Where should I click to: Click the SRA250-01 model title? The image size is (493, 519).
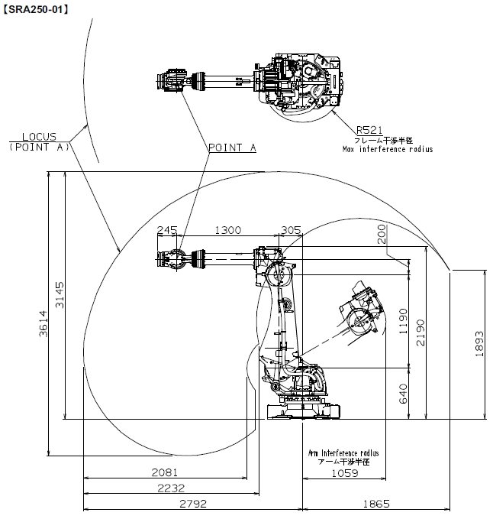coord(35,9)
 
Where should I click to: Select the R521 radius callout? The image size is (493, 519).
coord(369,130)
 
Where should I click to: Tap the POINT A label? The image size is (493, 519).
coord(232,148)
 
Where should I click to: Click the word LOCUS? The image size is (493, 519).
coord(39,136)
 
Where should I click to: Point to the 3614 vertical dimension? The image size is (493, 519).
coord(43,324)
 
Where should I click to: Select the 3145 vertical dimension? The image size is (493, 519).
coord(60,295)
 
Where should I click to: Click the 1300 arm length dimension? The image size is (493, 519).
coord(228,230)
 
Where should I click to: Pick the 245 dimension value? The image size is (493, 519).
coord(167,230)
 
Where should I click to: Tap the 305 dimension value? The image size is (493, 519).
coord(291,230)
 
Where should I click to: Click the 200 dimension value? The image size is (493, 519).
coord(382,235)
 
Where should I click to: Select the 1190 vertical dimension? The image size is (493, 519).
coord(404,321)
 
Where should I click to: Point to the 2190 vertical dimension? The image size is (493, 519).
coord(420,332)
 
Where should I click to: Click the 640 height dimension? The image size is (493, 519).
coord(404,394)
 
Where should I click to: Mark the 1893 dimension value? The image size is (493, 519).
coord(479,344)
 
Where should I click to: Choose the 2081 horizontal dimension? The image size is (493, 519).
coord(165,472)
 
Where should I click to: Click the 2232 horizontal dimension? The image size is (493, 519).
coord(171,488)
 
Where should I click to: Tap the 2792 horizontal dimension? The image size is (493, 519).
coord(193,504)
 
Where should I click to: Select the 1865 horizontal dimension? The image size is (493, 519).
coord(376,504)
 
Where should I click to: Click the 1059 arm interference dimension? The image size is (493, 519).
coord(345,473)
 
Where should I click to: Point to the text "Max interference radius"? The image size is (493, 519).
coord(388,149)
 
